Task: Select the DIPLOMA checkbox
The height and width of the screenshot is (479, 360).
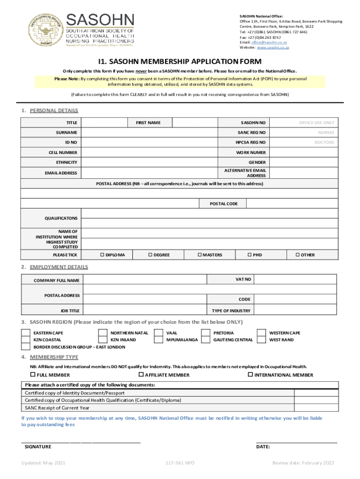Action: tap(102, 255)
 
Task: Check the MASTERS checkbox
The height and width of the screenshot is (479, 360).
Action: tap(199, 255)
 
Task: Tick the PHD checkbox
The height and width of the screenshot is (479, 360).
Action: tap(249, 255)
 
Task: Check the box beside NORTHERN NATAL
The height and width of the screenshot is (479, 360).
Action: tap(102, 333)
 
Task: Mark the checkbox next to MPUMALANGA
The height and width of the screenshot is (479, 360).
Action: tap(159, 340)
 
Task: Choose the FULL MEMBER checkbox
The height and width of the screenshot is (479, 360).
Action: tap(32, 375)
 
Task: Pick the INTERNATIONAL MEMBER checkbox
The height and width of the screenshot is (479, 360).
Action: tap(250, 375)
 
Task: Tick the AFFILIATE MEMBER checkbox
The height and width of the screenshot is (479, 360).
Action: tap(141, 375)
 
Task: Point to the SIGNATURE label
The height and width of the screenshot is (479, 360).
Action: tap(38, 447)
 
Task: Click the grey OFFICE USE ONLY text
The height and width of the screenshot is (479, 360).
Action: tap(317, 123)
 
